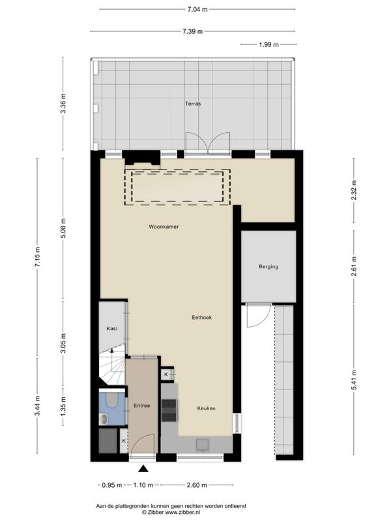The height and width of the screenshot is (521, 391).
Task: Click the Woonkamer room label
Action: point(164,227)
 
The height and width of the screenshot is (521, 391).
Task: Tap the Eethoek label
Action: point(201,317)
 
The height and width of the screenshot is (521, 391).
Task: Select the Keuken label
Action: point(206,408)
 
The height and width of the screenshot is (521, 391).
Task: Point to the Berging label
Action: point(268,266)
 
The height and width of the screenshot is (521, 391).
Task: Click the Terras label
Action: point(193,104)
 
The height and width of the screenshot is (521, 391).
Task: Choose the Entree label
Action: point(141,405)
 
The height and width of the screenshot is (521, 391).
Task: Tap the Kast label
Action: point(112,328)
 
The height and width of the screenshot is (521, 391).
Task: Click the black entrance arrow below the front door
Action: point(143,468)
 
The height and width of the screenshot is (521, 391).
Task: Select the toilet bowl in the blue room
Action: point(112,400)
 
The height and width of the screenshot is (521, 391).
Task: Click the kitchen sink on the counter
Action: point(202,445)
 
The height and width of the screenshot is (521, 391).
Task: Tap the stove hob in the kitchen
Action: point(169,410)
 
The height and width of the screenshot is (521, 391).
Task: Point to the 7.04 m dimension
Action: point(197,9)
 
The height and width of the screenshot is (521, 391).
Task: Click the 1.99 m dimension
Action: point(268,44)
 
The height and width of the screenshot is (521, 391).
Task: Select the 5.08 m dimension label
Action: point(63,228)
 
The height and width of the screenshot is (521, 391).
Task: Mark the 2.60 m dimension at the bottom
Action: point(197,485)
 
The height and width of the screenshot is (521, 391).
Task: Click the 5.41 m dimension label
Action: point(354,380)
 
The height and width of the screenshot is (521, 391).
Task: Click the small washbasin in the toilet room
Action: point(103,419)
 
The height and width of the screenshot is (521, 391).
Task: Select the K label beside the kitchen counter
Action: point(166,375)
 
